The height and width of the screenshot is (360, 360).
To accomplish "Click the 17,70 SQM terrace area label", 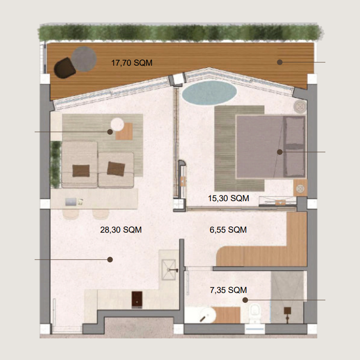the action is coord(132,63).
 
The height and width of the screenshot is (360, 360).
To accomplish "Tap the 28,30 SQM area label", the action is coord(121,230).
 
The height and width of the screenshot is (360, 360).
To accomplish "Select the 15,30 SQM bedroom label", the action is coord(229,198).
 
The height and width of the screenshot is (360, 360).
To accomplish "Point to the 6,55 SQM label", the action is coord(228,230).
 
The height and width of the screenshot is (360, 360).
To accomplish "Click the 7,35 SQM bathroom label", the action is coord(229,290).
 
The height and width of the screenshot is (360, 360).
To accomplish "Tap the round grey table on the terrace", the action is coord(84,59).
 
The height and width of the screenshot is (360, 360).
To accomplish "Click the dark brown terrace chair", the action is coord(64,68).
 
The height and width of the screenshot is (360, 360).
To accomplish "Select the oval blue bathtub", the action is coord(209,93).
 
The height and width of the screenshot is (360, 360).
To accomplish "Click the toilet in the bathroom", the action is coord(255,313).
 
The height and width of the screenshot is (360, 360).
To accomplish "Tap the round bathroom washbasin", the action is coord(207,315).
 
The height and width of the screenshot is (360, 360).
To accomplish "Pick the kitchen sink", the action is coord(169,270).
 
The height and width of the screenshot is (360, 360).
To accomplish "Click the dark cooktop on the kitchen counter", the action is coord(137,300).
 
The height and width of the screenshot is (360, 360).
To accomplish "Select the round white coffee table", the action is coord(117,124).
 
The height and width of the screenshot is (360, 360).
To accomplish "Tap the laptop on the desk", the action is coord(71,202).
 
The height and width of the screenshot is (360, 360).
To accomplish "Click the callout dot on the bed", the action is coord(279,152).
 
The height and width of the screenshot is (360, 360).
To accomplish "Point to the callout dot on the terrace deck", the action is coord(279,62).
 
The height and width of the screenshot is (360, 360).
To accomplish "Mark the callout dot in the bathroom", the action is coord(245,300).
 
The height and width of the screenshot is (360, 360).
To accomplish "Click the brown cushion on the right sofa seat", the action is coord(116,169).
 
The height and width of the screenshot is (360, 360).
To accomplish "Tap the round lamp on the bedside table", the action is coord(300,189).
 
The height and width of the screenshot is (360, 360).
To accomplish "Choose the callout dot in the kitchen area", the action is coord(110,260).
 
